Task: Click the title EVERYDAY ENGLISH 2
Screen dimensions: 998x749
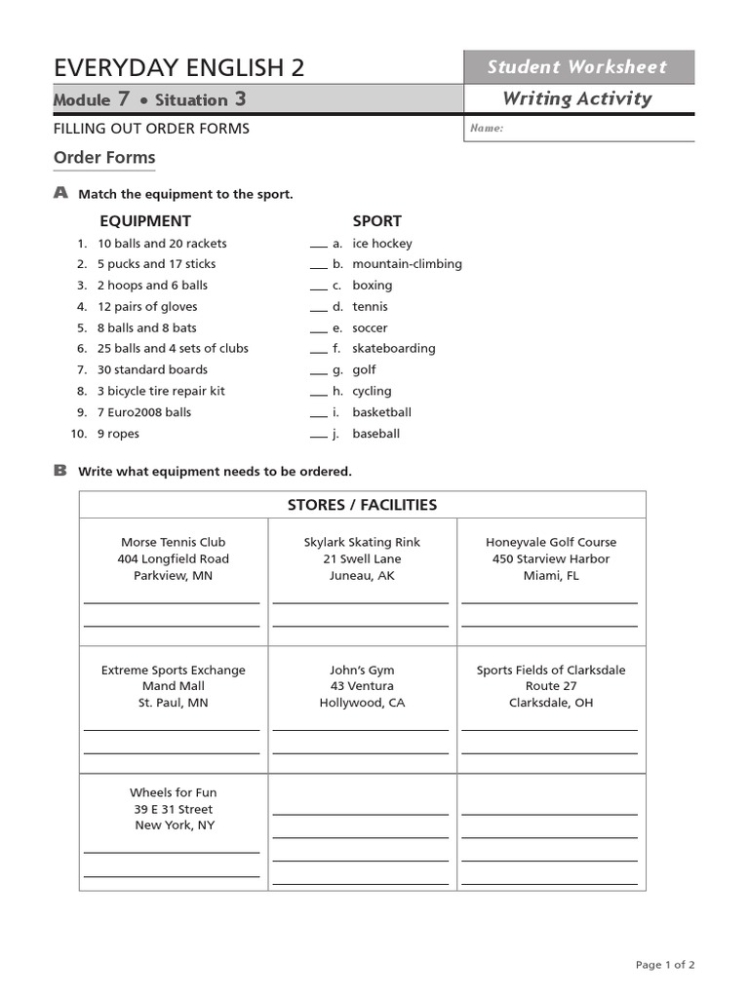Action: point(178,67)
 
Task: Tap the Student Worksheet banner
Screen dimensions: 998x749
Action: point(577,67)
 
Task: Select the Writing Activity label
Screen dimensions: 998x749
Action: point(577,98)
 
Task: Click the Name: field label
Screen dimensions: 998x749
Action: point(487,129)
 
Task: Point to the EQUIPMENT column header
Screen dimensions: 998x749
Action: point(145,221)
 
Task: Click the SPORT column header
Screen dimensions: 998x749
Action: point(376,221)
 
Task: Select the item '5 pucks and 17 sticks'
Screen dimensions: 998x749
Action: point(156,264)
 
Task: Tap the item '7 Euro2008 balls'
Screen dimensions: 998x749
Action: point(144,412)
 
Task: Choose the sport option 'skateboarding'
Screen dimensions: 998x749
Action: point(394,349)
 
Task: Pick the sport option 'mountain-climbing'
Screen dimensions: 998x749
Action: point(407,264)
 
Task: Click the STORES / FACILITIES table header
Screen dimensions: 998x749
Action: point(362,505)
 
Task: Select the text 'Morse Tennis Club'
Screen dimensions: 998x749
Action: point(173,543)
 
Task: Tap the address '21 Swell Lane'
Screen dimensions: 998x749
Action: point(362,559)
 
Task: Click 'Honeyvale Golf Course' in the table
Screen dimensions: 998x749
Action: point(551,543)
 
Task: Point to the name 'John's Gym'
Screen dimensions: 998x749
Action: point(362,671)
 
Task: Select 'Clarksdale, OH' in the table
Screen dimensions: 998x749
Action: point(551,703)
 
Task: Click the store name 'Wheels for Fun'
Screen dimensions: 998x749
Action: point(173,793)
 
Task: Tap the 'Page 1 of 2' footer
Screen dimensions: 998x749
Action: point(665,965)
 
